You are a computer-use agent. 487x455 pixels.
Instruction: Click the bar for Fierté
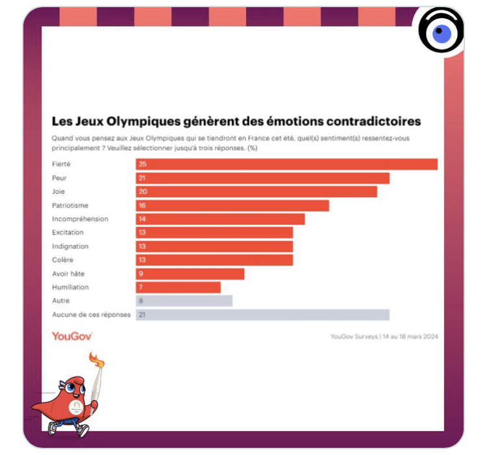point(286,164)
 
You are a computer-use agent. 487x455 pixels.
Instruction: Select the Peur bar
point(262,178)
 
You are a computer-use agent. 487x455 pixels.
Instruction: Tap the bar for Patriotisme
point(232,205)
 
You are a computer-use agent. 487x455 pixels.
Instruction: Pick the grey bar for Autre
point(184,301)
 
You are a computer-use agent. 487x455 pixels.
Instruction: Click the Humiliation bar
point(178,287)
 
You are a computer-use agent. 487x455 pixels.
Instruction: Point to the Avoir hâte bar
point(190,274)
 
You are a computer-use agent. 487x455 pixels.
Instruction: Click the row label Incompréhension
point(80,219)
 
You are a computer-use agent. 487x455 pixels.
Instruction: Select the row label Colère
point(62,260)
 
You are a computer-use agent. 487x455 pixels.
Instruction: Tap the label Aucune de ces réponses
point(91,315)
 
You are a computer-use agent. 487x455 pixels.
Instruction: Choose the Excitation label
point(68,233)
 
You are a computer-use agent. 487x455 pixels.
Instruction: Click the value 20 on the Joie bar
point(142,192)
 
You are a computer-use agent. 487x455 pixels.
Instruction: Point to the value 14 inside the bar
point(142,219)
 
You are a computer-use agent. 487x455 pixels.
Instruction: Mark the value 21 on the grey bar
point(142,315)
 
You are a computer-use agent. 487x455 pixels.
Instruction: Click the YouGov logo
point(71,336)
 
